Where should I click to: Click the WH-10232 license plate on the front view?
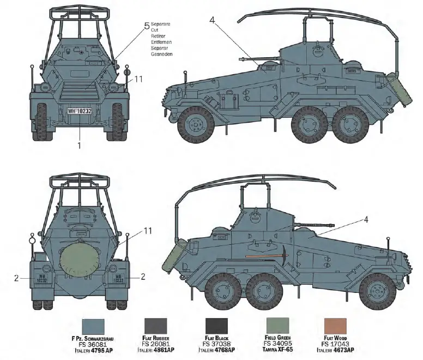[79, 111]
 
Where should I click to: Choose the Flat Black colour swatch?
[220, 327]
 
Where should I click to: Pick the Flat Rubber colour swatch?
[160, 327]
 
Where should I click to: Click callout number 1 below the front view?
[79, 146]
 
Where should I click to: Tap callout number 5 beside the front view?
[146, 26]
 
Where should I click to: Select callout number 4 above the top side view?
[212, 21]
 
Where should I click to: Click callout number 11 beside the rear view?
[148, 231]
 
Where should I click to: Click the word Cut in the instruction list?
[155, 31]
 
